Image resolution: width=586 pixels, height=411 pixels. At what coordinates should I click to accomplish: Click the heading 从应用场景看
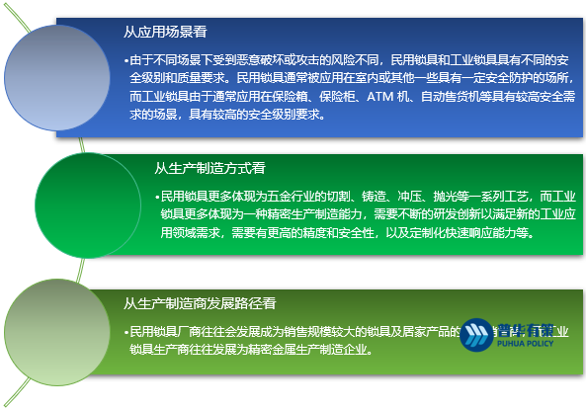coord(161,33)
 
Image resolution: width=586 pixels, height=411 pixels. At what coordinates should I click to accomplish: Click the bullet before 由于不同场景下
coord(126,59)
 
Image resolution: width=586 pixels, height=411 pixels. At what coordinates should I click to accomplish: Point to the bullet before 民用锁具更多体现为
coord(157,196)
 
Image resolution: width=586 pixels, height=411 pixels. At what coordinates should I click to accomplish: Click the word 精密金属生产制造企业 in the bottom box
coord(307,349)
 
